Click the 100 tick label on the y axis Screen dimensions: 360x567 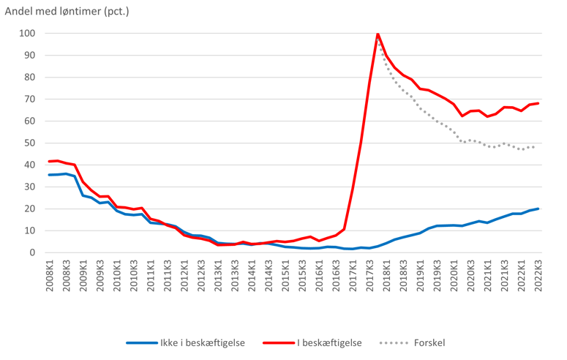tap(27, 33)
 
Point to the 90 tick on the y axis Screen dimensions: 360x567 tap(29, 55)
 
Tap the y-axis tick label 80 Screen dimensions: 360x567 tap(29, 77)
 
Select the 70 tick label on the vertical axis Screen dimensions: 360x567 tap(29, 99)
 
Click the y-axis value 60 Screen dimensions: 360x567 tap(29, 121)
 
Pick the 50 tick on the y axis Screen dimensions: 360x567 tap(29, 143)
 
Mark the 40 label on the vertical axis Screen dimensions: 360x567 tap(29, 165)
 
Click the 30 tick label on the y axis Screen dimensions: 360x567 tap(29, 187)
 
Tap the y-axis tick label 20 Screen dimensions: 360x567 tap(29, 209)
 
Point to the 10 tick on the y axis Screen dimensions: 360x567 tap(29, 230)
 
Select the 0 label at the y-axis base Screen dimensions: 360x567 tap(32, 252)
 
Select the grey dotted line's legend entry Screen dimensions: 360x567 tap(413, 342)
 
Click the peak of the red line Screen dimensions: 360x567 tap(378, 34)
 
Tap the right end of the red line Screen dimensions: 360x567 tap(539, 102)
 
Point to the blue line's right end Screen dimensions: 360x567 tap(539, 209)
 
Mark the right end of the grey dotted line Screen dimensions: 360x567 tap(534, 147)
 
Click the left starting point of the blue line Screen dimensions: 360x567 tap(47, 175)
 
